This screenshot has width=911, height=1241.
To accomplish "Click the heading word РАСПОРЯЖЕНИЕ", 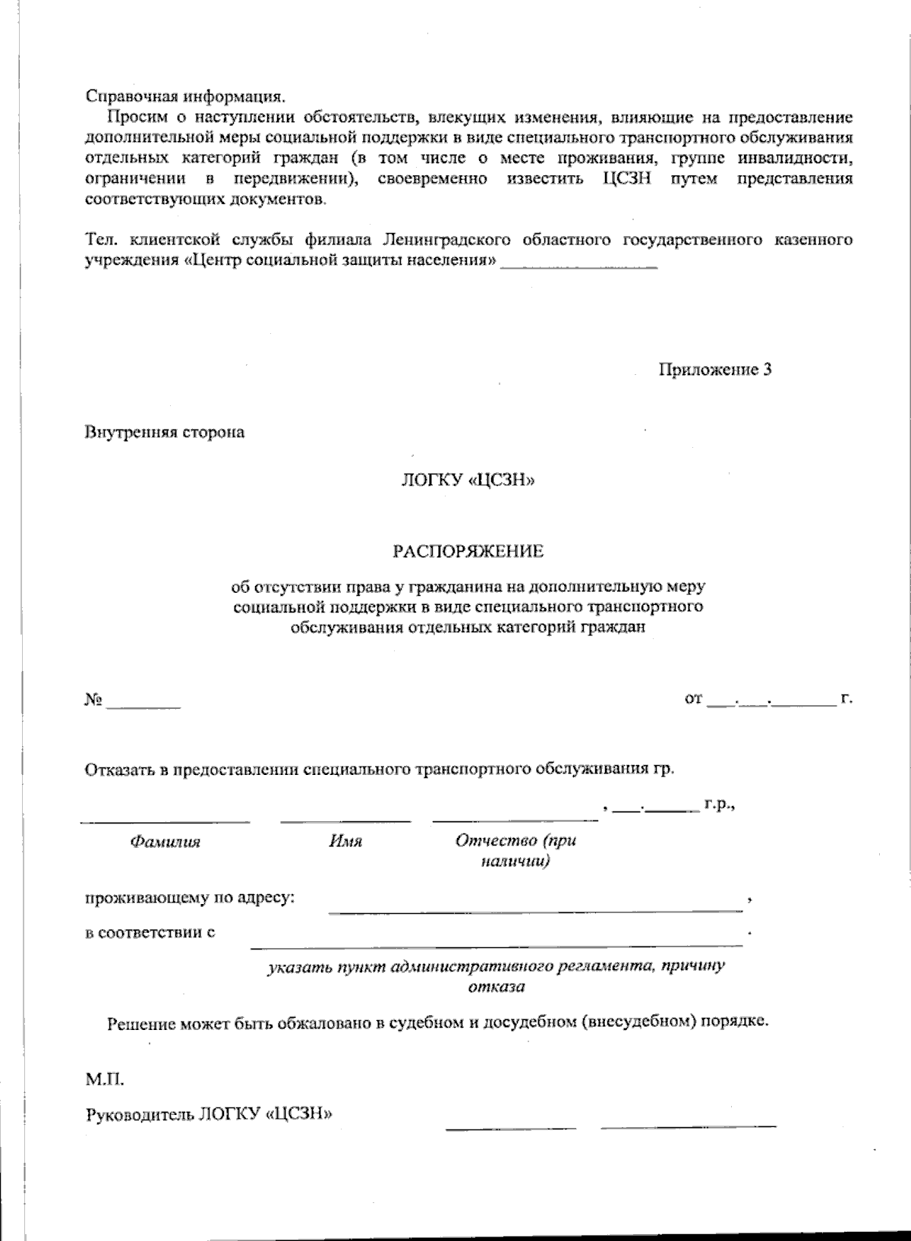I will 468,551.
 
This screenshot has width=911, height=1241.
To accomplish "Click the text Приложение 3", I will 714,370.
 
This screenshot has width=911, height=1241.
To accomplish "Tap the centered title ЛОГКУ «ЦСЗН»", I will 468,480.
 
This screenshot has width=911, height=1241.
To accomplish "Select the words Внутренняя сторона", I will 165,433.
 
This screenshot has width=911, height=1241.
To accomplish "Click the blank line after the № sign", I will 143,706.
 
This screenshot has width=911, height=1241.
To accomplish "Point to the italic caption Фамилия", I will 165,842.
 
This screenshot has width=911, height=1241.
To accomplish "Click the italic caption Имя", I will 345,842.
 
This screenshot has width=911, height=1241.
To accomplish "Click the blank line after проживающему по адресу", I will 535,909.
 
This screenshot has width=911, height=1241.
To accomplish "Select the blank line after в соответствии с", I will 496,943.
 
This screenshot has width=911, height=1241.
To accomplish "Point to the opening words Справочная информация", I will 185,96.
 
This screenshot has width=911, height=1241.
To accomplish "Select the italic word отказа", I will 496,987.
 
